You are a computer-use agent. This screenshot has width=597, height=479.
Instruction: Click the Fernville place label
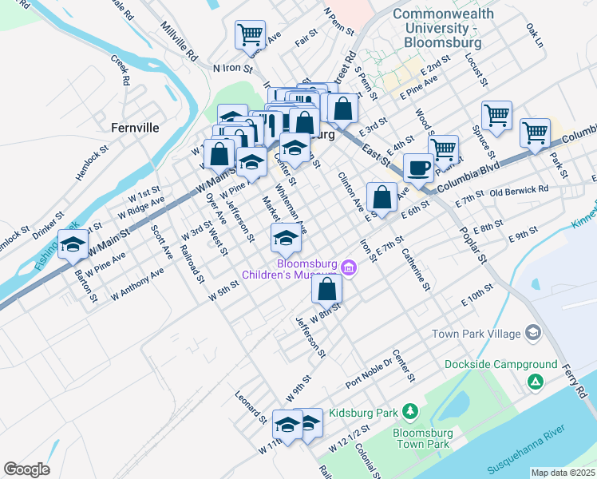click(x=136, y=128)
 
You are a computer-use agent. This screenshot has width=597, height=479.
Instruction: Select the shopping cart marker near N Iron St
click(x=250, y=36)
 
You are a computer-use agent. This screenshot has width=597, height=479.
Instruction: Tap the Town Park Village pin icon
click(x=533, y=333)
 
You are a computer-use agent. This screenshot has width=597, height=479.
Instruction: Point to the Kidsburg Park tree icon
click(x=410, y=411)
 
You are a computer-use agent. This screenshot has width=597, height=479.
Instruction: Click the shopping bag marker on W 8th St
click(x=326, y=289)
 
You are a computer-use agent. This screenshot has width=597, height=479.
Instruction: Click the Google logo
click(x=26, y=469)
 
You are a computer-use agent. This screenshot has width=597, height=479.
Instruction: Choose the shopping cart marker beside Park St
click(x=535, y=132)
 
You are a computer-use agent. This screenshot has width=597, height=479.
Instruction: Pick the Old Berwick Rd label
click(x=519, y=192)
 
